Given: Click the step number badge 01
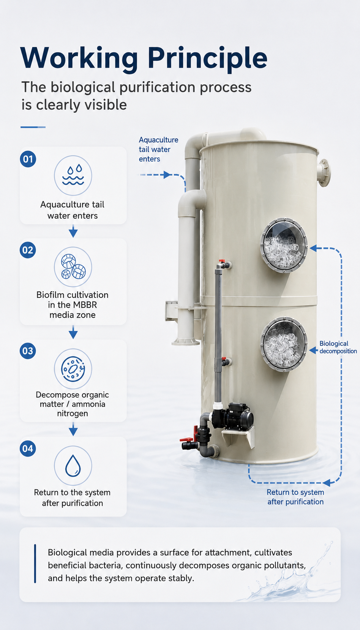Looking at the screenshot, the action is tap(28, 159).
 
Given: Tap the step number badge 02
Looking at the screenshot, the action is tap(28, 250).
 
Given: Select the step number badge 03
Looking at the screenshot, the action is tap(28, 351).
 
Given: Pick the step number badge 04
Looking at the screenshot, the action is tap(28, 448).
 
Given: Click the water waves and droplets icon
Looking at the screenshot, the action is tap(73, 175).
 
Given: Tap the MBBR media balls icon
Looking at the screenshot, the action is tap(73, 267).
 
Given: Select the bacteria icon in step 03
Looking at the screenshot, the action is tap(73, 369).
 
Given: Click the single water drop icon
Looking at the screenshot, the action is tap(73, 466).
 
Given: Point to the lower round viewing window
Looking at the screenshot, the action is tap(284, 344).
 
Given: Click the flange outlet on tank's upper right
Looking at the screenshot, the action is tap(324, 172).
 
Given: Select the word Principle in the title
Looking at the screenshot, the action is tap(208, 58).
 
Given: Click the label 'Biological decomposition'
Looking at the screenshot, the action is tap(338, 347).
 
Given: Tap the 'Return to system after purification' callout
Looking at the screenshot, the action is tap(295, 497).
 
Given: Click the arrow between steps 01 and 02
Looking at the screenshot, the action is tap(73, 231).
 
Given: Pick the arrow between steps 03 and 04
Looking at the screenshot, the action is tap(73, 429).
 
